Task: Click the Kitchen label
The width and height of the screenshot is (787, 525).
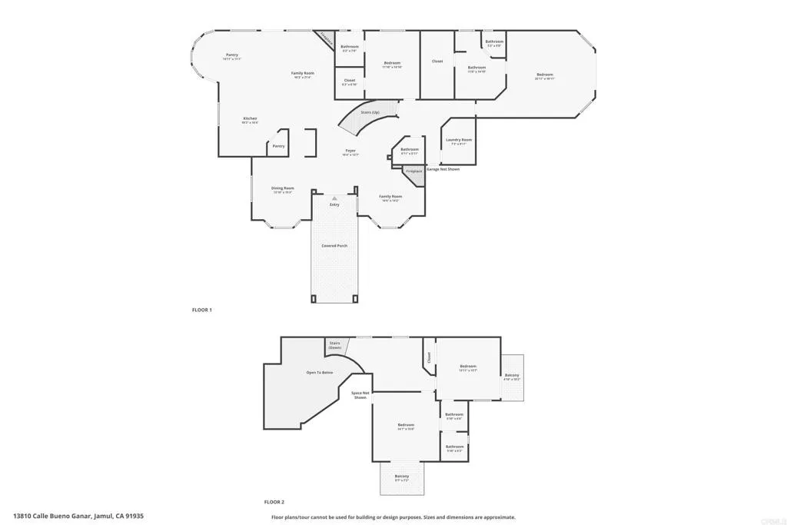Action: tap(250, 118)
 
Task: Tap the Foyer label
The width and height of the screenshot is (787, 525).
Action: tap(350, 151)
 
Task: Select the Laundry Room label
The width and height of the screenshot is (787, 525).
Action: tap(459, 140)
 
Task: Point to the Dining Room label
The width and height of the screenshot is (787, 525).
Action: tap(282, 188)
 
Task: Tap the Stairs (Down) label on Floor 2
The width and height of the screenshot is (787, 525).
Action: tap(335, 345)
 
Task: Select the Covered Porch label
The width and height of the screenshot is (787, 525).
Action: tap(334, 246)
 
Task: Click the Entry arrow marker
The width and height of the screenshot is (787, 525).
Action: tap(334, 198)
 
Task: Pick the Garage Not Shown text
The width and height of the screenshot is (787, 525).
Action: tap(443, 169)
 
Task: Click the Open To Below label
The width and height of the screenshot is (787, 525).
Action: tap(320, 372)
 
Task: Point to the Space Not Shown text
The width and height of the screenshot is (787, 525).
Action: tap(360, 395)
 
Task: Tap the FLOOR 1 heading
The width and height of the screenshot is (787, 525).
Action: tap(201, 309)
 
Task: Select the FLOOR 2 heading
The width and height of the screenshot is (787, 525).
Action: tap(274, 501)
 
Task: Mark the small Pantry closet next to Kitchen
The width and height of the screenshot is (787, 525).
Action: tap(278, 146)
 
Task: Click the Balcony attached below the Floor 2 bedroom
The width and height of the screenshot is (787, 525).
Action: tap(402, 478)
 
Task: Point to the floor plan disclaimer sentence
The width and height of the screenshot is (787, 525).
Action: tap(393, 517)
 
